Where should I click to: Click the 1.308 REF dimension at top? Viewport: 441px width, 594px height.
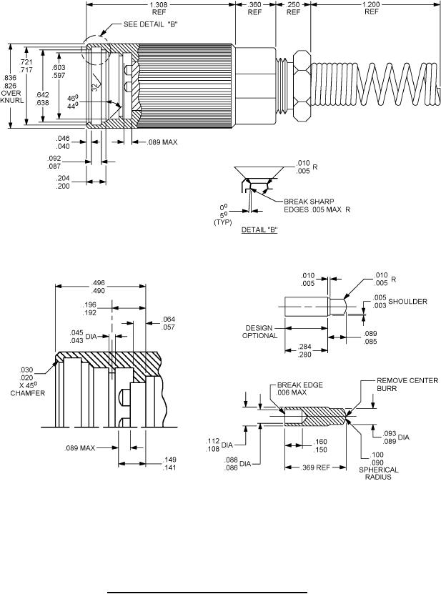coord(159,9)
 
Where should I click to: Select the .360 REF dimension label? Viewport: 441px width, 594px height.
coord(254,9)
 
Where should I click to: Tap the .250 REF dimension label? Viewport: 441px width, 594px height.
coord(293,9)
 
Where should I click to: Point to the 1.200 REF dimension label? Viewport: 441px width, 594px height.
coord(372,9)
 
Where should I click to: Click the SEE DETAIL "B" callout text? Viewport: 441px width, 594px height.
coord(151,24)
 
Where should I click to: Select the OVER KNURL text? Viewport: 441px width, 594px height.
coord(11,96)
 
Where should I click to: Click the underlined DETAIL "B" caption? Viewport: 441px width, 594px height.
coord(259,229)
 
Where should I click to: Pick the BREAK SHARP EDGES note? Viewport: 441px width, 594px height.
coord(317,205)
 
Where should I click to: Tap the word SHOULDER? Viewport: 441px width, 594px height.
coord(407,301)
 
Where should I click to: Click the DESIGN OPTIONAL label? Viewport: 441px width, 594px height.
coord(260,332)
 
